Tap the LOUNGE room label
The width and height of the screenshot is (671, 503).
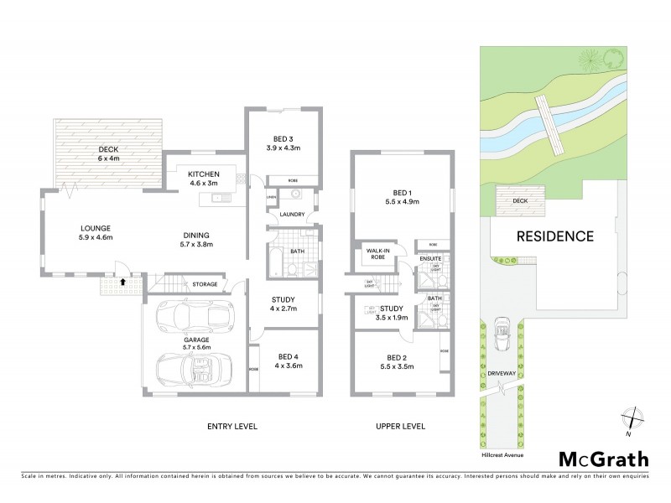click(96, 228)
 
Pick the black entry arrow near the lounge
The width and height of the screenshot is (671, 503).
click(124, 282)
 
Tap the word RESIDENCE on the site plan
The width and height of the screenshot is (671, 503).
click(554, 236)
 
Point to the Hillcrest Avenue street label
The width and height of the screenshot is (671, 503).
click(503, 456)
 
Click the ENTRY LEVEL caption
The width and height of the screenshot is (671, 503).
click(231, 426)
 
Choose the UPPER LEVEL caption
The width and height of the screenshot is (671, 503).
click(400, 426)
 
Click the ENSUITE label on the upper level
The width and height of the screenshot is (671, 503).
click(430, 259)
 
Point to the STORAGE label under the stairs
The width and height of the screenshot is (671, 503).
click(205, 284)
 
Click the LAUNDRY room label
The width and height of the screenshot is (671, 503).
click(292, 214)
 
